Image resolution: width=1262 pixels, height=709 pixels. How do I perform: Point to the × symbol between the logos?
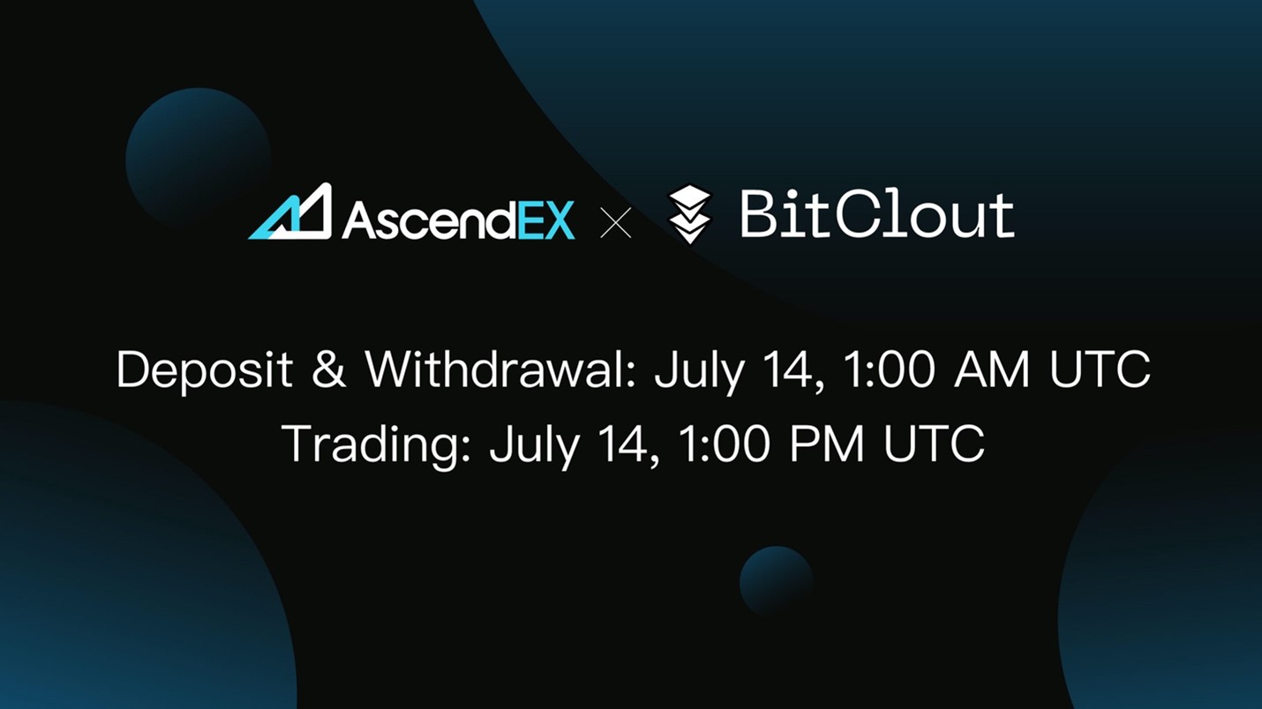[615, 223]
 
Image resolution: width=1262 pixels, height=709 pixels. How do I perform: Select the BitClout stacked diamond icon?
[689, 213]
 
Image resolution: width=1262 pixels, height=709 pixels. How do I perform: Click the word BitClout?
[876, 214]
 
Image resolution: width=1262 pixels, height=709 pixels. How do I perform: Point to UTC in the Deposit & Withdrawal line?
[1100, 369]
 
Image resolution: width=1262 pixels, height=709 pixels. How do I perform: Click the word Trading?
[376, 444]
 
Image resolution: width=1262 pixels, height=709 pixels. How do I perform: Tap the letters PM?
[827, 444]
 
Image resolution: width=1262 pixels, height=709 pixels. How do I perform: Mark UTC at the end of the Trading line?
[934, 444]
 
